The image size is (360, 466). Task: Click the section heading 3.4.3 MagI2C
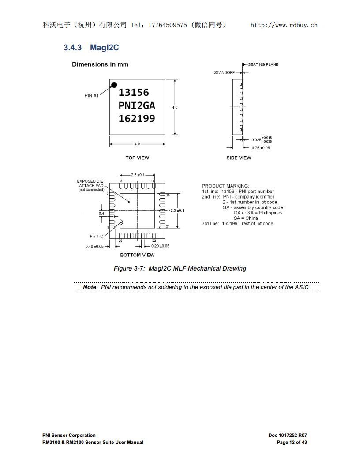91,48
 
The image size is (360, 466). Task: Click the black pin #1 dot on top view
114,85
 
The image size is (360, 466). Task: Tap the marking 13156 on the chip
134,92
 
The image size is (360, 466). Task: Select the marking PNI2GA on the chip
137,105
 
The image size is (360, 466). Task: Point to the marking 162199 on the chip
137,119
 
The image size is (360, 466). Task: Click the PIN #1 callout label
91,96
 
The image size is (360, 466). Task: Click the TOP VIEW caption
137,158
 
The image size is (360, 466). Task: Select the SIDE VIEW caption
239,158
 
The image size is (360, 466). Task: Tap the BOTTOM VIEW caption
137,255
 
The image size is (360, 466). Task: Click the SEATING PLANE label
263,64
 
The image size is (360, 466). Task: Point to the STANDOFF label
225,72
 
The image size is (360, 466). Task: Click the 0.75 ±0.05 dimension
261,148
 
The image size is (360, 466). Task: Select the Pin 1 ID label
97,237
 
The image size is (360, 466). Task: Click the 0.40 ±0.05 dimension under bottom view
94,246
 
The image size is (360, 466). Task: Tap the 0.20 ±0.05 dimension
160,246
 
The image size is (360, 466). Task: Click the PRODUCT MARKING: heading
225,186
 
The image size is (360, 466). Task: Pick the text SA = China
246,218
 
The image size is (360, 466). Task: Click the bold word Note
90,287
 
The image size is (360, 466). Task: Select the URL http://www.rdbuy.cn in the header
284,25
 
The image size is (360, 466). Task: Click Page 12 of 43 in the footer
292,443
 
